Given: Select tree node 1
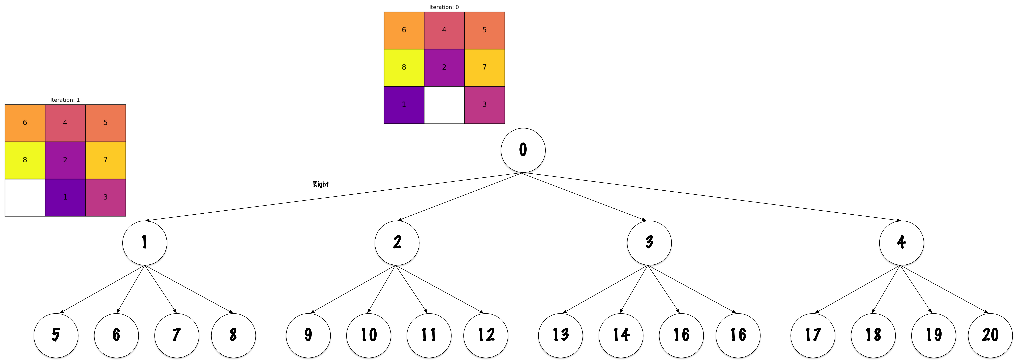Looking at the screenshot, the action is tap(144, 243).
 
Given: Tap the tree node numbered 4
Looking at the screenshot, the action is tap(901, 243).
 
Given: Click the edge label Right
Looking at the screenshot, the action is tap(321, 184).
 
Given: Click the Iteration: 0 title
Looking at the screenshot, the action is tap(444, 7).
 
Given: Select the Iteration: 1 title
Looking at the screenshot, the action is tap(65, 100).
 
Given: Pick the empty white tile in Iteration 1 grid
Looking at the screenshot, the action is tap(25, 197).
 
